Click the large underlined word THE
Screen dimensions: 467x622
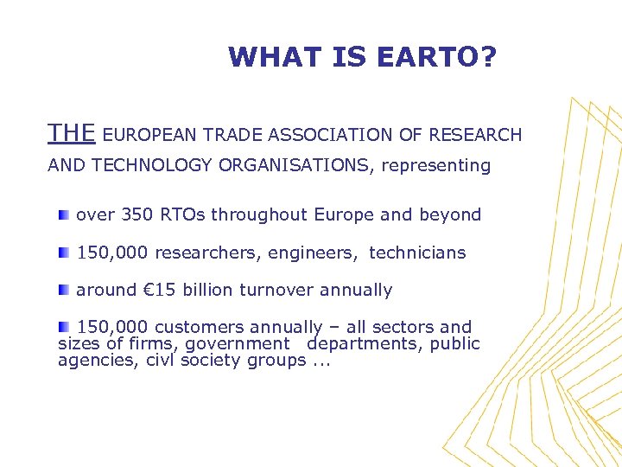tap(72, 133)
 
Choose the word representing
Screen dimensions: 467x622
tap(436, 166)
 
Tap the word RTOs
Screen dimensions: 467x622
tap(180, 214)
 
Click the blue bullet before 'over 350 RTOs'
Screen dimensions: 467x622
tap(64, 214)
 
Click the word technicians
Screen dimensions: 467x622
tap(417, 253)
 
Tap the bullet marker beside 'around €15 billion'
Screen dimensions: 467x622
tap(64, 290)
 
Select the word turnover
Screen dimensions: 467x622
tap(282, 291)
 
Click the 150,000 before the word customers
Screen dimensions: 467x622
tap(112, 327)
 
